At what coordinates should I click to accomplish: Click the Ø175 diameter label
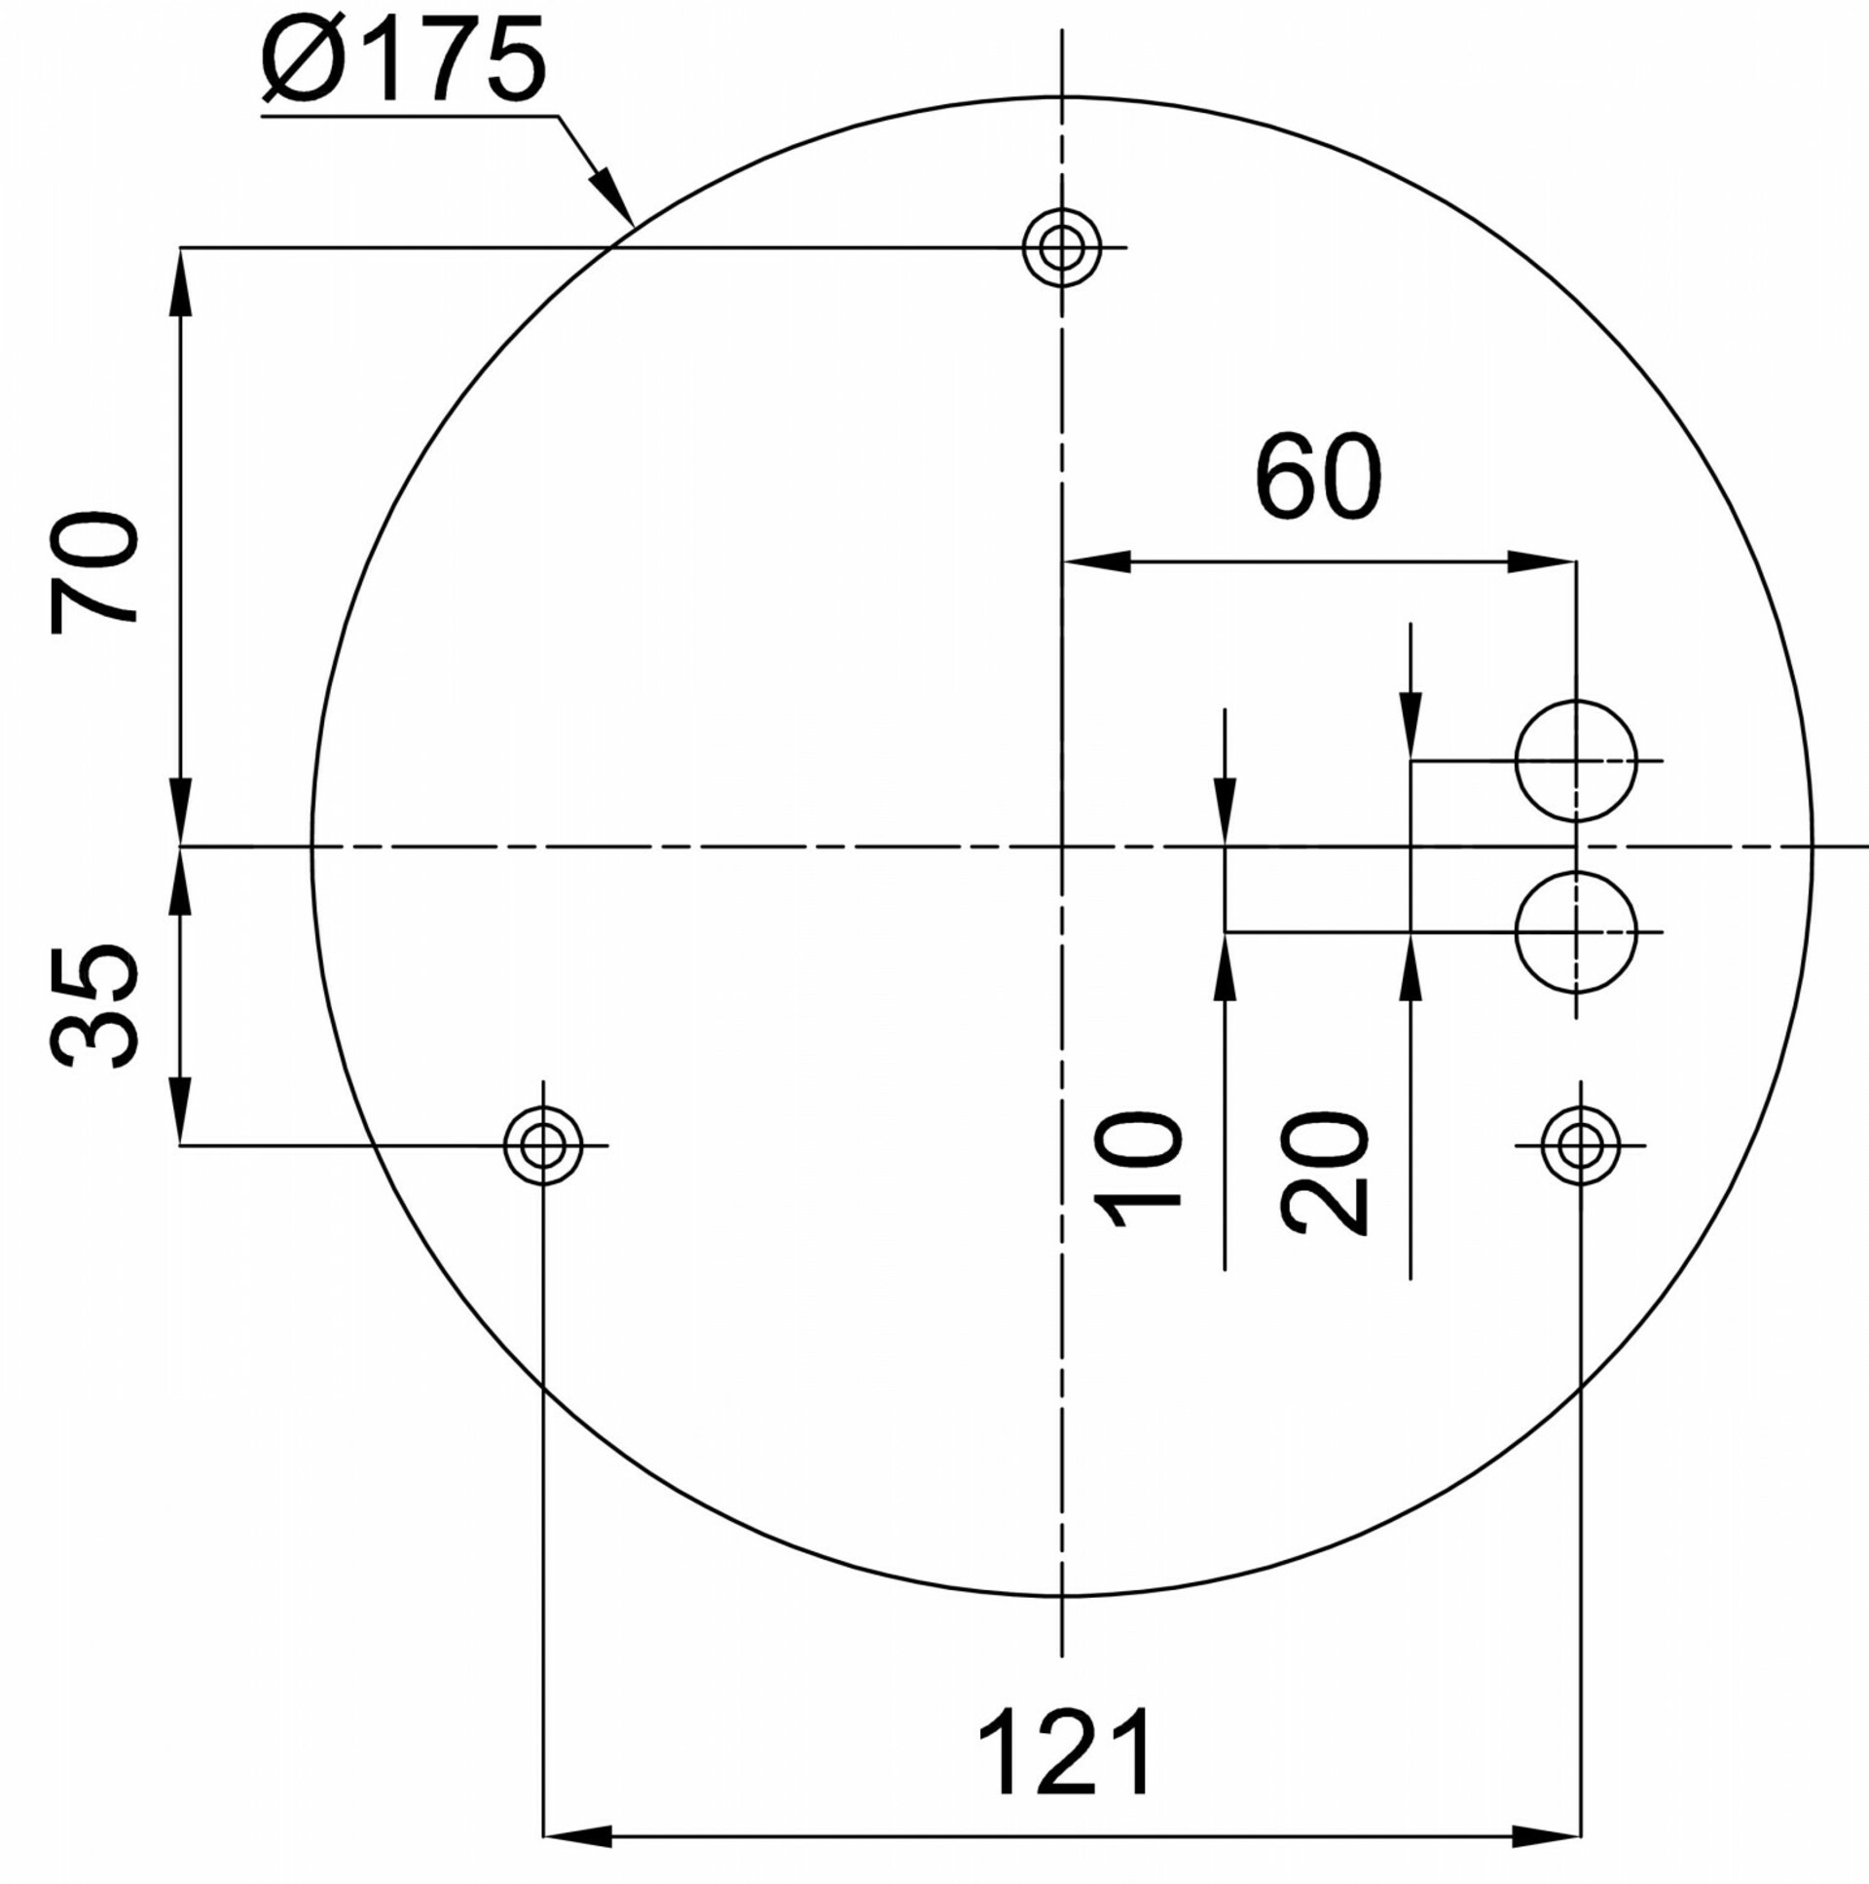[403, 60]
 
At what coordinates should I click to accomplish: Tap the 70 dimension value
[94, 571]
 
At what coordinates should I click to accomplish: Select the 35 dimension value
[94, 1006]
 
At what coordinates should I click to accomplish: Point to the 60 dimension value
[1318, 479]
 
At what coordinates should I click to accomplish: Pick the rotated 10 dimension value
[1137, 1167]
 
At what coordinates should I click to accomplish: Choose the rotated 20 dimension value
[1324, 1173]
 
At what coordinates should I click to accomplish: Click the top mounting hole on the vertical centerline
[1061, 248]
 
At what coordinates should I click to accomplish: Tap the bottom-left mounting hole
[543, 1144]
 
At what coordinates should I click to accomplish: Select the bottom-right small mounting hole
[1580, 1144]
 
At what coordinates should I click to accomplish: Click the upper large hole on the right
[1575, 761]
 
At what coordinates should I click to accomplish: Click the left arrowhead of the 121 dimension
[575, 1837]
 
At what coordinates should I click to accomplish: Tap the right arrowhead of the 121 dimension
[1547, 1837]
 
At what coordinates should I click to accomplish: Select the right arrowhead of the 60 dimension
[1542, 562]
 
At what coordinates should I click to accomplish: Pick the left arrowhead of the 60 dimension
[1096, 562]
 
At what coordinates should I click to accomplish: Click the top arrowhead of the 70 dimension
[180, 282]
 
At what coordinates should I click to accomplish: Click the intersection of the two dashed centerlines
[1061, 847]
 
